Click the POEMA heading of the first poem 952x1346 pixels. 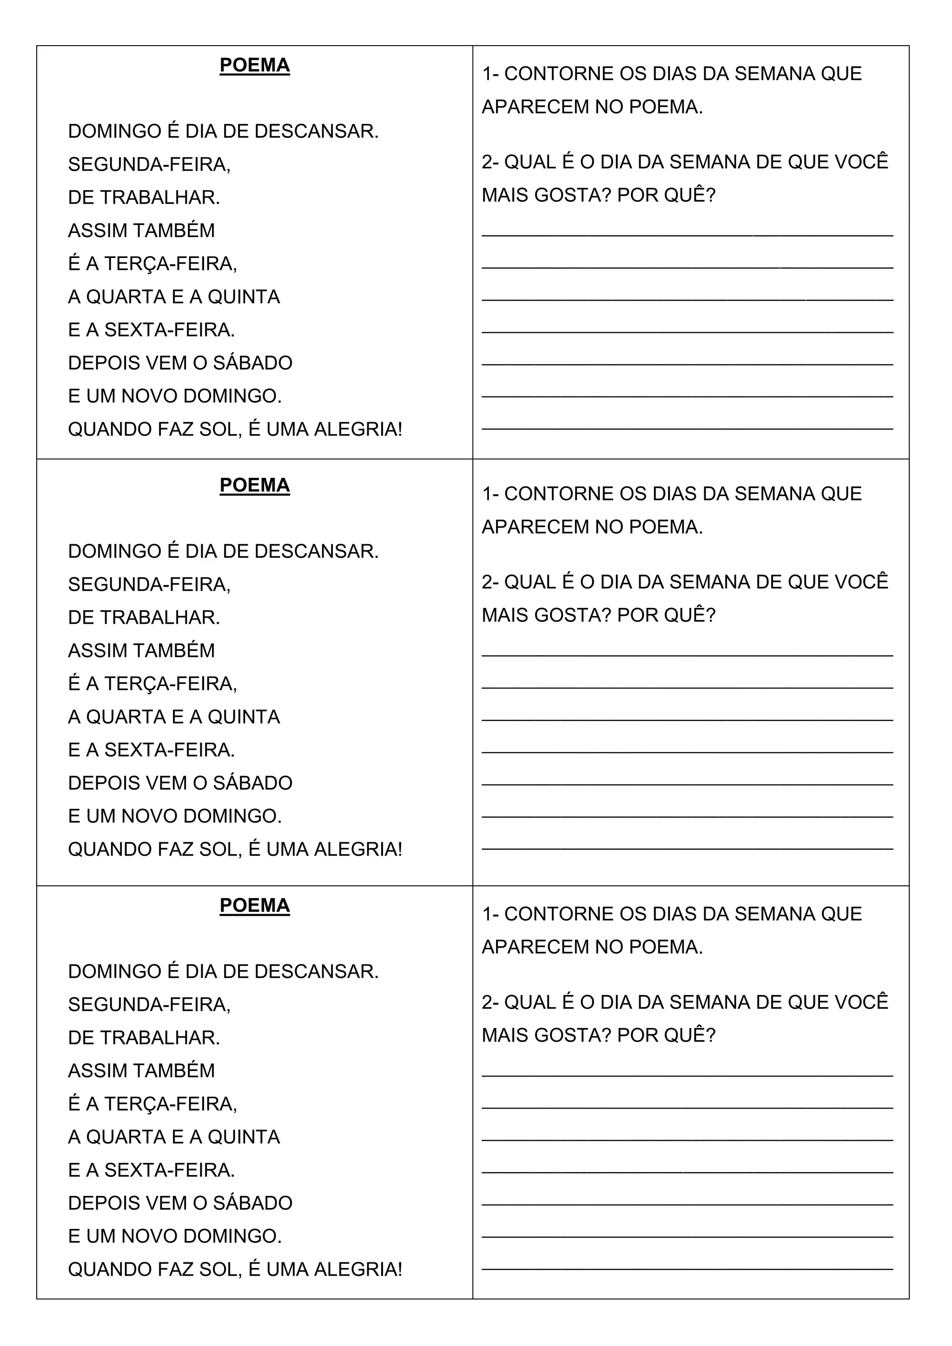(254, 65)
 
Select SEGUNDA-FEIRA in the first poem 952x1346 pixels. (148, 165)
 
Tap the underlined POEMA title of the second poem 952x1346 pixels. (254, 485)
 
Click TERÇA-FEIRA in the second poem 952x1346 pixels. (170, 684)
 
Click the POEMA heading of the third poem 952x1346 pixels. (254, 906)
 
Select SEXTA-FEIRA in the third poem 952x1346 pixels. (169, 1170)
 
